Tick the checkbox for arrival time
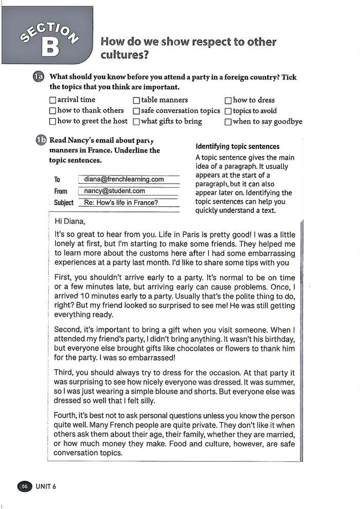pos(52,100)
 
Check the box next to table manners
pos(136,101)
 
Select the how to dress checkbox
pos(228,101)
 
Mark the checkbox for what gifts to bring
pos(136,122)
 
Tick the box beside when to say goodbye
pos(228,122)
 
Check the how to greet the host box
pos(52,122)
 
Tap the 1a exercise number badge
pos(39,77)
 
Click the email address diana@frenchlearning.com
pos(124,180)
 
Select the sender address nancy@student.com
pos(114,191)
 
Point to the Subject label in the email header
pos(64,203)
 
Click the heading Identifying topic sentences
pos(237,147)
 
